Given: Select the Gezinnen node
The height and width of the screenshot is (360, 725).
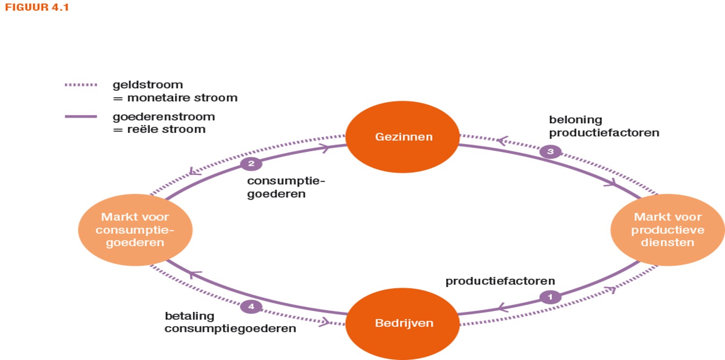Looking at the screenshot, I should pyautogui.click(x=404, y=137).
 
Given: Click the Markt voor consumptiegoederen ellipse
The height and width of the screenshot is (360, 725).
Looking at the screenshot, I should pyautogui.click(x=135, y=230).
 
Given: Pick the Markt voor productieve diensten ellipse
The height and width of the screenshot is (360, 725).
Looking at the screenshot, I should pyautogui.click(x=667, y=230).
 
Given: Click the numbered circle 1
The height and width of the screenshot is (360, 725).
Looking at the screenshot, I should pyautogui.click(x=550, y=297).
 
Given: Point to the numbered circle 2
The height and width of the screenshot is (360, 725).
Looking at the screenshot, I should pyautogui.click(x=251, y=164).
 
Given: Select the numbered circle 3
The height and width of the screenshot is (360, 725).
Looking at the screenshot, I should pyautogui.click(x=551, y=152).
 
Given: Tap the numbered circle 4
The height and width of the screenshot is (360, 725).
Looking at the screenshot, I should pyautogui.click(x=250, y=306).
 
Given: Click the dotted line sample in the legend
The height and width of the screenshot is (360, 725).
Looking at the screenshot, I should pyautogui.click(x=81, y=85).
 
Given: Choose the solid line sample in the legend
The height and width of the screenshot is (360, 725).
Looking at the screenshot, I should pyautogui.click(x=81, y=117).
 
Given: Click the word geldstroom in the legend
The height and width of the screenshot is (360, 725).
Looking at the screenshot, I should pyautogui.click(x=147, y=85).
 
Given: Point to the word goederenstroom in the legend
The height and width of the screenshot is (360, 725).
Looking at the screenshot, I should pyautogui.click(x=164, y=117).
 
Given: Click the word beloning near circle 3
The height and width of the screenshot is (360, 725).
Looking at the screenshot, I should pyautogui.click(x=575, y=119).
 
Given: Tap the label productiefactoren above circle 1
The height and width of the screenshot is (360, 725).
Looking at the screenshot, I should pyautogui.click(x=500, y=281).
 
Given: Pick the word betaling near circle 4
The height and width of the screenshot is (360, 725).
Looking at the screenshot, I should pyautogui.click(x=189, y=316).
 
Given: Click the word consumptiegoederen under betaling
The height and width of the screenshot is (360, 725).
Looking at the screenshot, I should pyautogui.click(x=230, y=329).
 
